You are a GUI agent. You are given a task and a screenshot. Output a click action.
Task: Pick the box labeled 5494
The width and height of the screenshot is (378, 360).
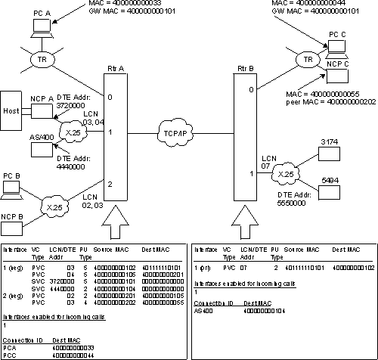[330, 193]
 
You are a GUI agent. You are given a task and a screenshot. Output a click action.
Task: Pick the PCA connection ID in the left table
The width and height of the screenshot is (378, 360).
[10, 349]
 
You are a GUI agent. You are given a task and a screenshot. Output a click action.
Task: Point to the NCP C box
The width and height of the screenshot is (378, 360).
[337, 65]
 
